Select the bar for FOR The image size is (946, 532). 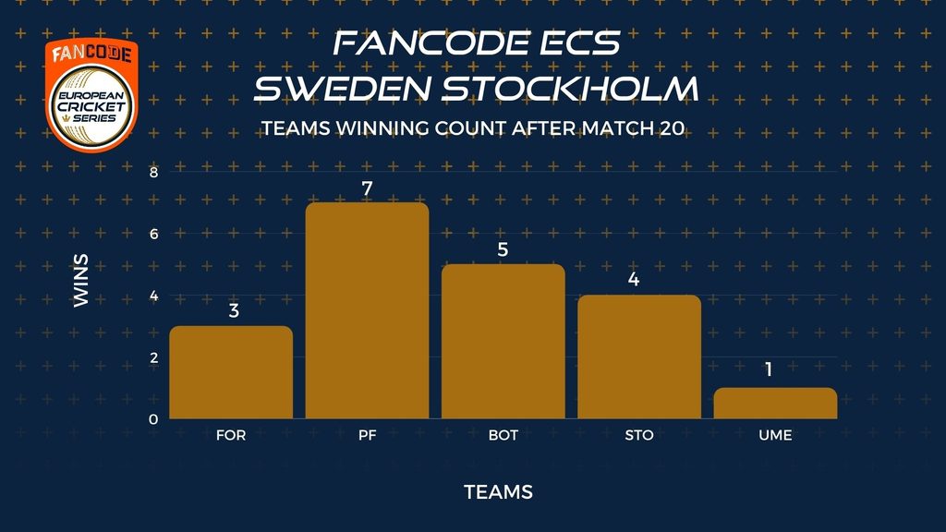[231, 372]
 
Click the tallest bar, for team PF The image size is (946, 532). [367, 310]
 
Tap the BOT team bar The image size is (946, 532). [503, 342]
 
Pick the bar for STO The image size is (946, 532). [639, 357]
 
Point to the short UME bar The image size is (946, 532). [775, 403]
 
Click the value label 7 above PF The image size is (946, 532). [367, 189]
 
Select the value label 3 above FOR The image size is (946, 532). [234, 310]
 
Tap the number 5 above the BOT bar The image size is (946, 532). [503, 249]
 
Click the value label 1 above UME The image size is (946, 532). [769, 369]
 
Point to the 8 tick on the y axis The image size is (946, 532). [153, 173]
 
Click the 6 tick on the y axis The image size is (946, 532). [153, 234]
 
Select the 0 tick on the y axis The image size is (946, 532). [153, 419]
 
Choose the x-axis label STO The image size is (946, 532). [639, 436]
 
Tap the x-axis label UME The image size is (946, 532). [775, 436]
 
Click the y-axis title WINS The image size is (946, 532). [81, 281]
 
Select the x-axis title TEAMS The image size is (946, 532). [498, 492]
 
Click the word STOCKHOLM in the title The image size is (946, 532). [571, 89]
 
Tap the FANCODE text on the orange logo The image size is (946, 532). [91, 54]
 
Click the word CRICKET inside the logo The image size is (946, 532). [91, 107]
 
